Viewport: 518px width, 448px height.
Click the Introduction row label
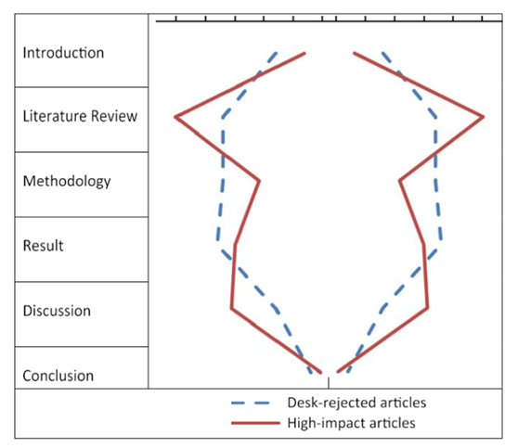click(x=63, y=53)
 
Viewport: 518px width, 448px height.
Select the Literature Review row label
click(x=80, y=116)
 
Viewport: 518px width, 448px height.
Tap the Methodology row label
click(x=67, y=181)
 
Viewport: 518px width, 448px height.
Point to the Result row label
click(x=43, y=246)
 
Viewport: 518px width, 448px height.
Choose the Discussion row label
click(x=57, y=311)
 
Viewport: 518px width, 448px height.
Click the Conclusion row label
click(x=58, y=376)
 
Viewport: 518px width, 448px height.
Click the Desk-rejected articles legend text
click(x=356, y=403)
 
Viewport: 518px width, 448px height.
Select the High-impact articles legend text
click(x=351, y=423)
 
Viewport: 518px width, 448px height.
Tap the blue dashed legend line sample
click(x=251, y=403)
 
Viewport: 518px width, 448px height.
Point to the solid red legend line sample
click(x=255, y=423)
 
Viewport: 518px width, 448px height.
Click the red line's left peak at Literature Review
click(x=175, y=117)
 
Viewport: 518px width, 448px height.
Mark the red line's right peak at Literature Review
click(x=484, y=117)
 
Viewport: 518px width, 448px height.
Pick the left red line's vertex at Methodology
click(x=259, y=181)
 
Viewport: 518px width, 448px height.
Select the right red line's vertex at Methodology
click(x=400, y=181)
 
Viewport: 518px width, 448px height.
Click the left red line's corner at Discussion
click(x=231, y=308)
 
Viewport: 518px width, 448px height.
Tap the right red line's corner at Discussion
click(x=428, y=308)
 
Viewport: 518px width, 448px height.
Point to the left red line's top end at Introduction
click(x=304, y=53)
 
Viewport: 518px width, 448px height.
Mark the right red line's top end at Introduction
click(x=354, y=53)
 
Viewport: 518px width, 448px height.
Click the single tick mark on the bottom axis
click(x=329, y=383)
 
